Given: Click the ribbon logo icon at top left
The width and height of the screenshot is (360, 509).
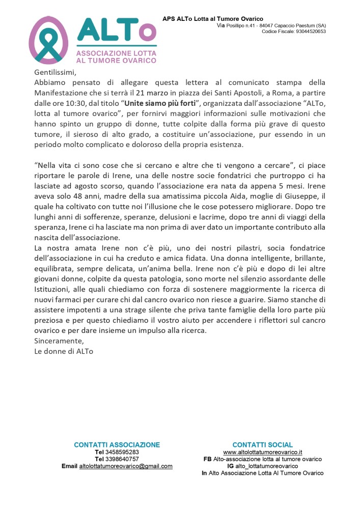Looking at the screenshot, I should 48,40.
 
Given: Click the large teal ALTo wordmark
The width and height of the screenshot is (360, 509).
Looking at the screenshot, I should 116,32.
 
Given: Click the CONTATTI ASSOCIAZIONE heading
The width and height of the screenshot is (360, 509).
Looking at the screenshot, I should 117,444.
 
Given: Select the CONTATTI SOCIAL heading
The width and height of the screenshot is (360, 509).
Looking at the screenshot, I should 263,444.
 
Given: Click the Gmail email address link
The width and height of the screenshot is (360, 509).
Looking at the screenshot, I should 126,466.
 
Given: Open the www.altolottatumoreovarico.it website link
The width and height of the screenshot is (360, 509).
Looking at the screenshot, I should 263,452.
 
